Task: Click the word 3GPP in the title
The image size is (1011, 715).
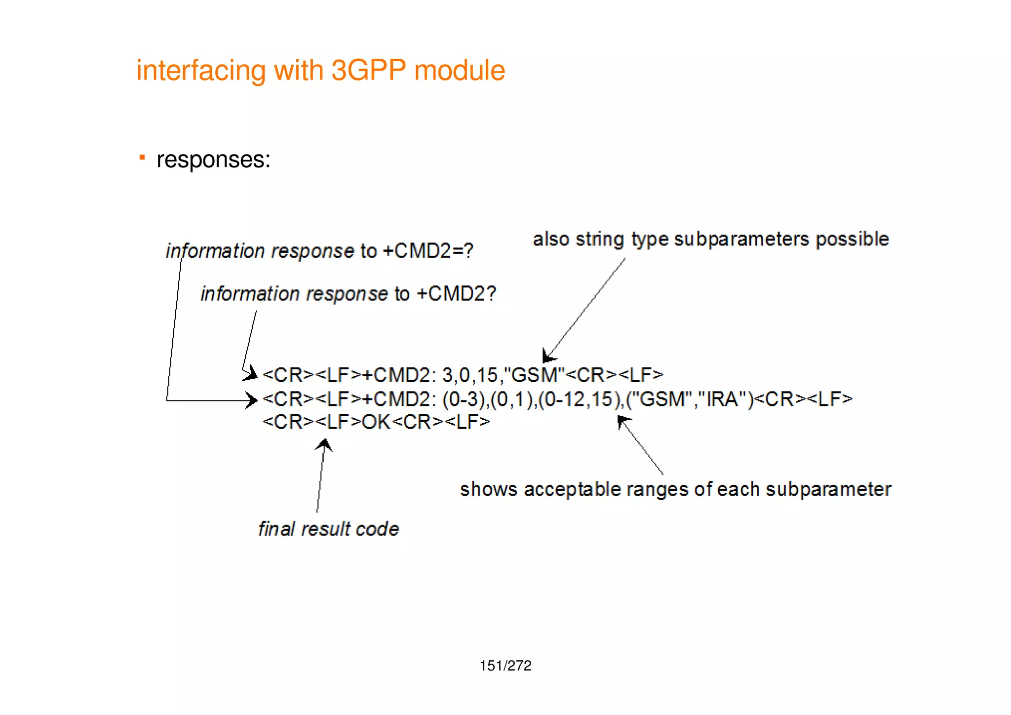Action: (x=368, y=71)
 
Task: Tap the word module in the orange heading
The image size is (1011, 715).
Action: (x=460, y=71)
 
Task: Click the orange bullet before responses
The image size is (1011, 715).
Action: (x=142, y=158)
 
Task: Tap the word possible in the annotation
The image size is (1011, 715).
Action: (x=852, y=239)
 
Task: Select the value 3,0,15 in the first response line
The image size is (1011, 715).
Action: (x=470, y=375)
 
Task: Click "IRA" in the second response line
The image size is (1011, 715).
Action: (x=722, y=399)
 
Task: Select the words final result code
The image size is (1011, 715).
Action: (x=328, y=529)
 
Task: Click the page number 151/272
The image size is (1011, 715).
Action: (x=505, y=666)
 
